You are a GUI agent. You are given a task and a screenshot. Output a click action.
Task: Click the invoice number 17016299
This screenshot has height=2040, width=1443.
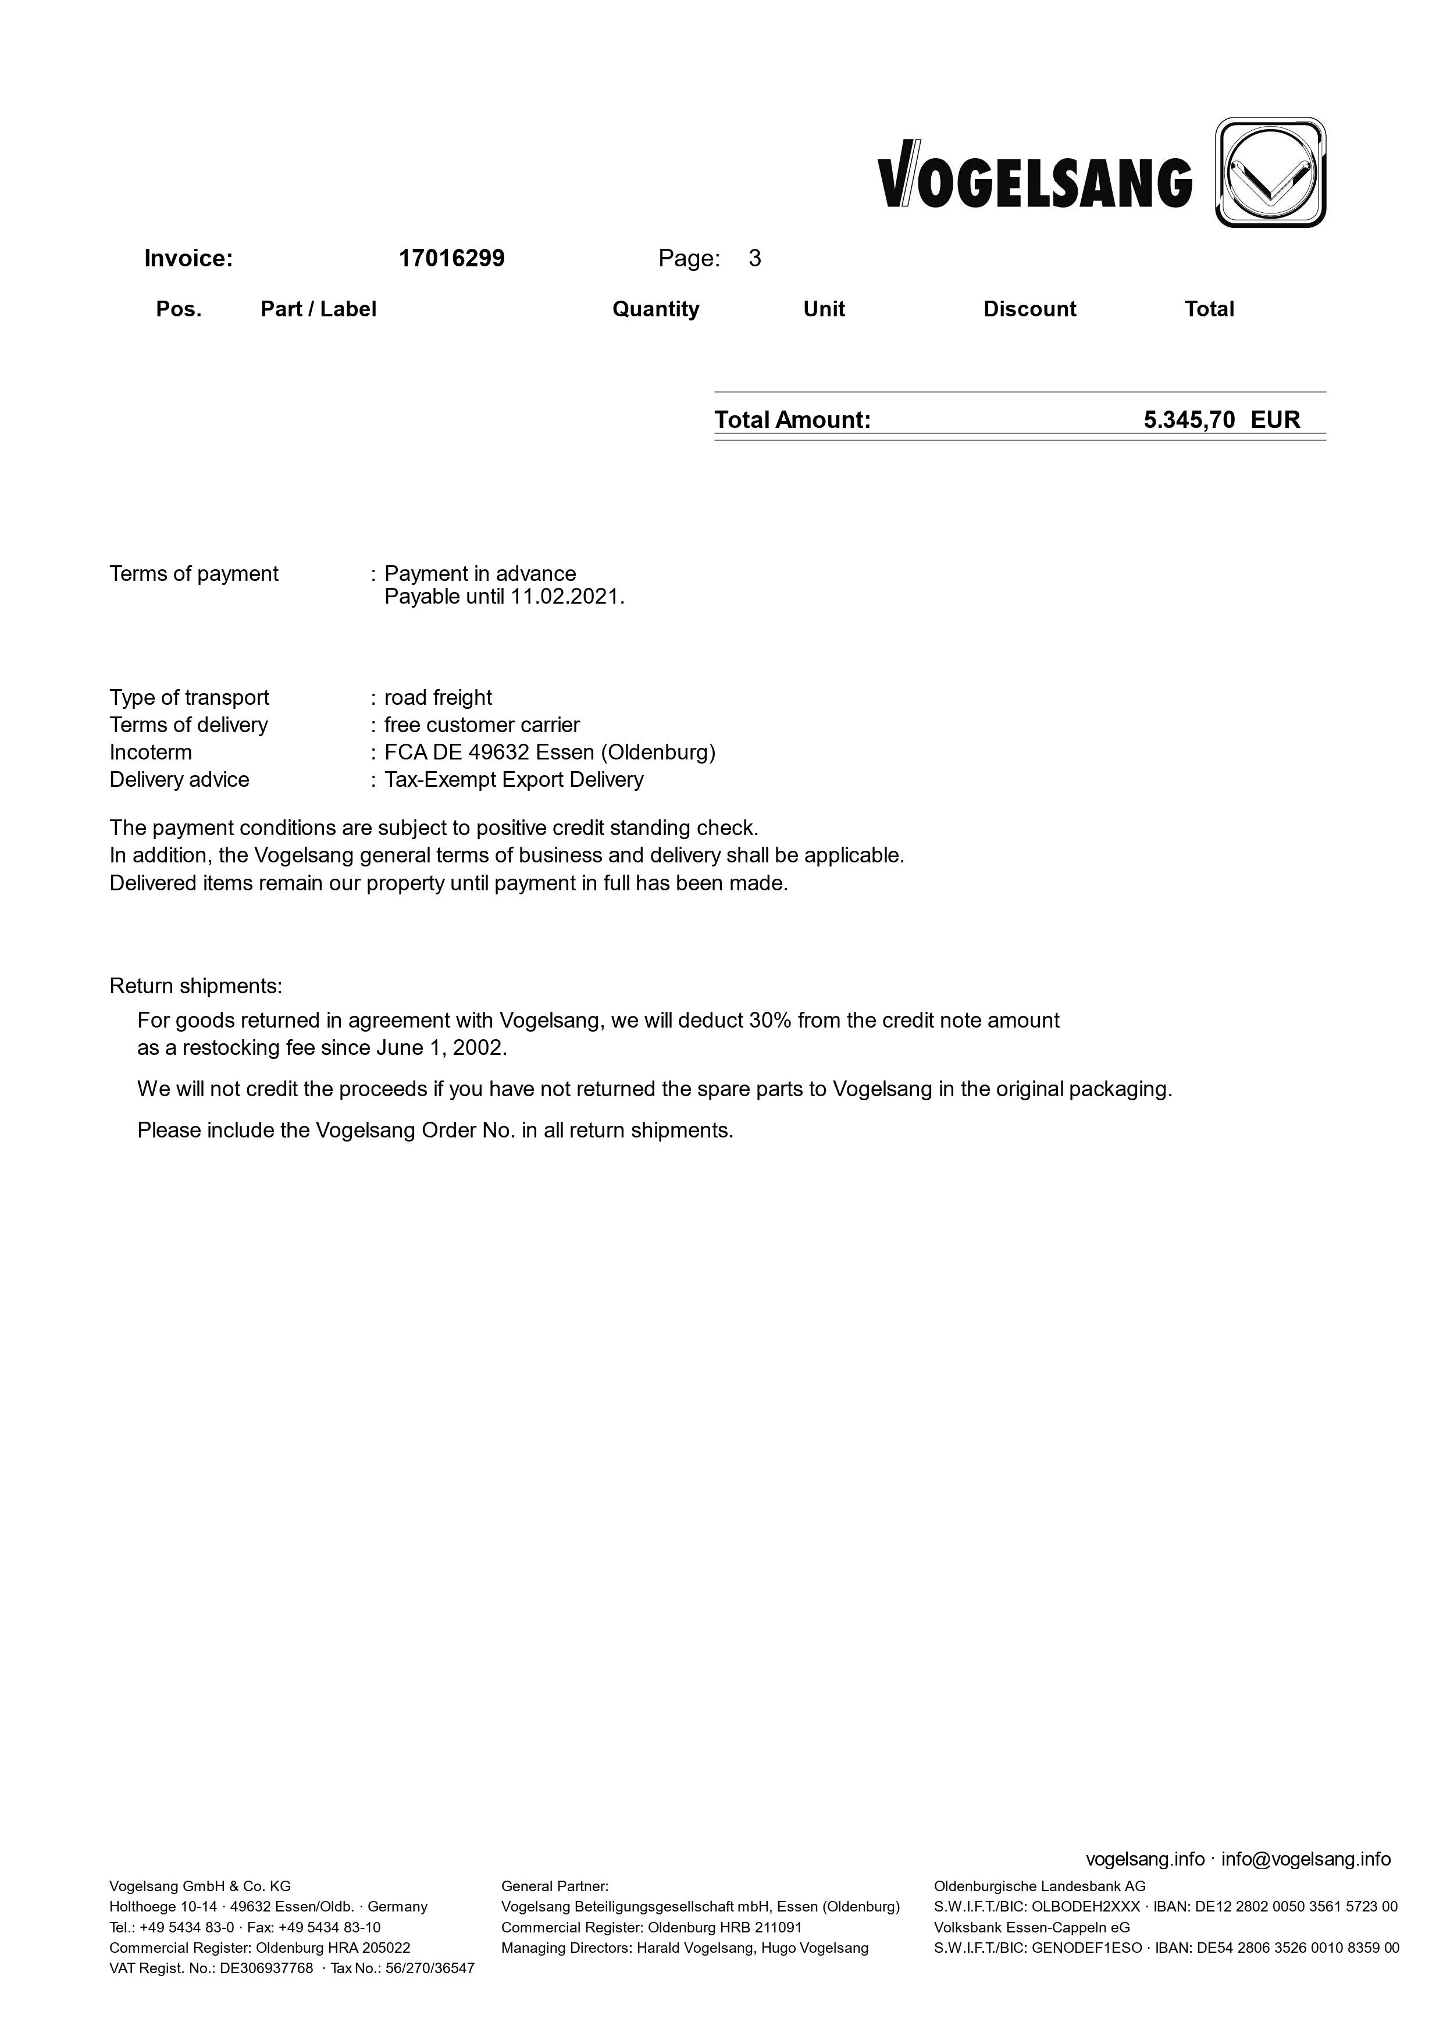click(451, 259)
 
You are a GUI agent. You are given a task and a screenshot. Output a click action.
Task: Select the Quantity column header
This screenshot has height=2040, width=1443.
click(655, 309)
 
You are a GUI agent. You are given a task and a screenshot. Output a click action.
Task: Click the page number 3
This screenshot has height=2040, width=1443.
click(754, 259)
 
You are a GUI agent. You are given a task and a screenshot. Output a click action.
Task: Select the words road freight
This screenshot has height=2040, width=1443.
click(438, 697)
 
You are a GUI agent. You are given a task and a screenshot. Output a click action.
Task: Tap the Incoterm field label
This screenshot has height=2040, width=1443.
click(151, 752)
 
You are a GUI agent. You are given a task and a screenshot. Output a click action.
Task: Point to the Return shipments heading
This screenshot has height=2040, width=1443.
click(195, 986)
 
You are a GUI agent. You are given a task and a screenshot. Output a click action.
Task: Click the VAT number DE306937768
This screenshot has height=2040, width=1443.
click(266, 1968)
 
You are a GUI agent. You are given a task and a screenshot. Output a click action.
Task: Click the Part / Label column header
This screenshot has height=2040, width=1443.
click(318, 309)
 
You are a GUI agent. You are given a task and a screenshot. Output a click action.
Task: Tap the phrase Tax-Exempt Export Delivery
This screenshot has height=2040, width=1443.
click(514, 780)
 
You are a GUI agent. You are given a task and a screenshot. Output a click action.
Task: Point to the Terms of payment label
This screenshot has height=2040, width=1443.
click(194, 574)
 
